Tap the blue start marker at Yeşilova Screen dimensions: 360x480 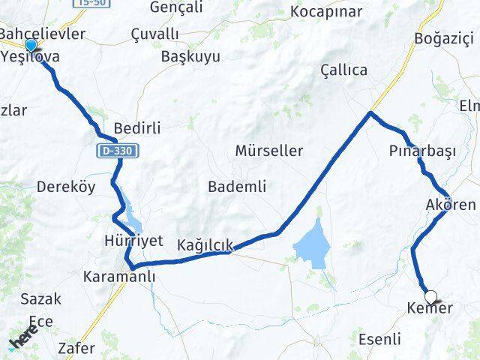[30, 46]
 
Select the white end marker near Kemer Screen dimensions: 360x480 [431, 296]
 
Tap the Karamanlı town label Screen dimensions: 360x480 [120, 277]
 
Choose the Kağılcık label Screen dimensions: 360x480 [205, 244]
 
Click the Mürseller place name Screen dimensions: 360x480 [269, 151]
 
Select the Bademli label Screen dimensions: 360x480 [237, 186]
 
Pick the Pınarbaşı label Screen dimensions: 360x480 [422, 151]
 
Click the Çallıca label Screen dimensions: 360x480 [343, 70]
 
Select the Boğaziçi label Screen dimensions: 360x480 [445, 37]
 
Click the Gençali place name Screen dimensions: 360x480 [177, 7]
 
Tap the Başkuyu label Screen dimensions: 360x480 [191, 56]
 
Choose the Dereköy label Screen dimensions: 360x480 [66, 187]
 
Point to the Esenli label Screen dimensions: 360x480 [379, 339]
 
